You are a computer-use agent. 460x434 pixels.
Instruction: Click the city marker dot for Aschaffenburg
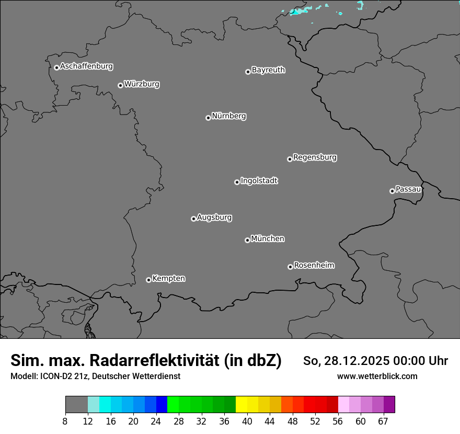pyautogui.click(x=56, y=67)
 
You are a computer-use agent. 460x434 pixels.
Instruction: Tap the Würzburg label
pyautogui.click(x=142, y=84)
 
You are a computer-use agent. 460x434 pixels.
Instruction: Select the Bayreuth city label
pyautogui.click(x=268, y=70)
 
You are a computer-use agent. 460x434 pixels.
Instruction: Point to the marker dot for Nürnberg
pyautogui.click(x=208, y=118)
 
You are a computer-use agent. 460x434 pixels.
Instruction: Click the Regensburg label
pyautogui.click(x=315, y=157)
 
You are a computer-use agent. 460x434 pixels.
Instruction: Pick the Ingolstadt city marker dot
pyautogui.click(x=237, y=182)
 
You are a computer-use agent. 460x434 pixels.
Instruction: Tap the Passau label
pyautogui.click(x=408, y=189)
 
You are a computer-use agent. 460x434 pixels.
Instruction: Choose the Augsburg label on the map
pyautogui.click(x=214, y=218)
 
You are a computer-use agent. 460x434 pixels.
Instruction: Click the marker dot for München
pyautogui.click(x=247, y=240)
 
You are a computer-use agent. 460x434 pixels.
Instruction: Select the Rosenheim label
pyautogui.click(x=314, y=266)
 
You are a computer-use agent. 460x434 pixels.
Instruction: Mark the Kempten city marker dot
pyautogui.click(x=148, y=280)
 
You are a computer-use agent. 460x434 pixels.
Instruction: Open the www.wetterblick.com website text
pyautogui.click(x=377, y=376)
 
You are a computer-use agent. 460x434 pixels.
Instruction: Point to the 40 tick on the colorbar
pyautogui.click(x=247, y=421)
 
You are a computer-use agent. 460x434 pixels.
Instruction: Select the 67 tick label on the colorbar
pyautogui.click(x=383, y=421)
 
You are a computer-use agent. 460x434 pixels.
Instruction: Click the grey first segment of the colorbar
pyautogui.click(x=76, y=405)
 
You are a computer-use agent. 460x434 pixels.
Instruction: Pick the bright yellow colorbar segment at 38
pyautogui.click(x=241, y=405)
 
